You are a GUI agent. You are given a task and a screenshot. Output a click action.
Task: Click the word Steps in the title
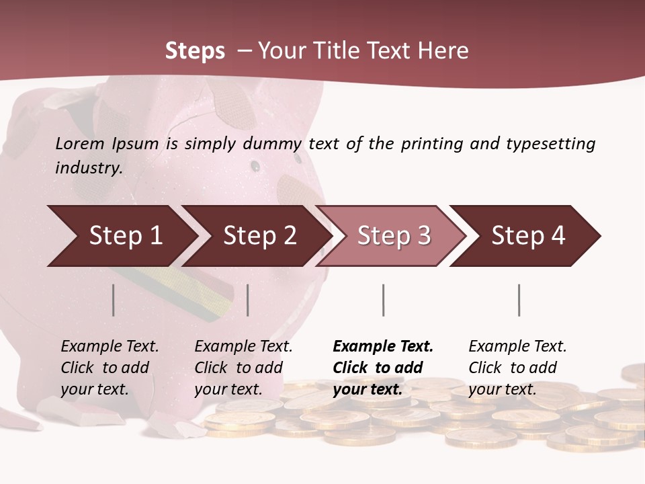pyautogui.click(x=195, y=51)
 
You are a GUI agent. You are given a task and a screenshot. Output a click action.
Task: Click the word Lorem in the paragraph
pyautogui.click(x=80, y=143)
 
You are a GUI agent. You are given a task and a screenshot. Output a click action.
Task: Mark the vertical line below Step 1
pyautogui.click(x=114, y=300)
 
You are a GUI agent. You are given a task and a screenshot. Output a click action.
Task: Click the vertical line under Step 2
pyautogui.click(x=248, y=300)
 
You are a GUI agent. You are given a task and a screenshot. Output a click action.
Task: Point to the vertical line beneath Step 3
pyautogui.click(x=384, y=300)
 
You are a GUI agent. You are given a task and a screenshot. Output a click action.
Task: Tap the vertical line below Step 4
pyautogui.click(x=519, y=300)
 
